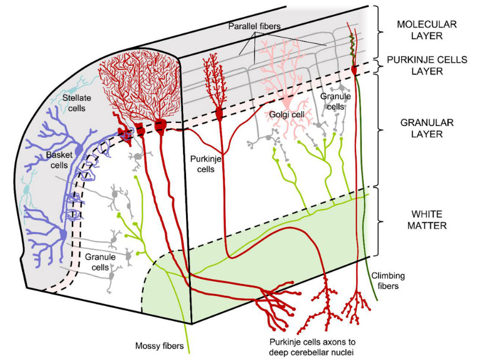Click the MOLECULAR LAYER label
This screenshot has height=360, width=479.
coord(427,30)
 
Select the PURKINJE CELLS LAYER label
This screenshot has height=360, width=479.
coord(427,65)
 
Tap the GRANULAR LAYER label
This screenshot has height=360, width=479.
coord(427,128)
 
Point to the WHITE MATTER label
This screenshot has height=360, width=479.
coord(427,219)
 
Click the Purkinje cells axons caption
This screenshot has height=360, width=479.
coord(310,346)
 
